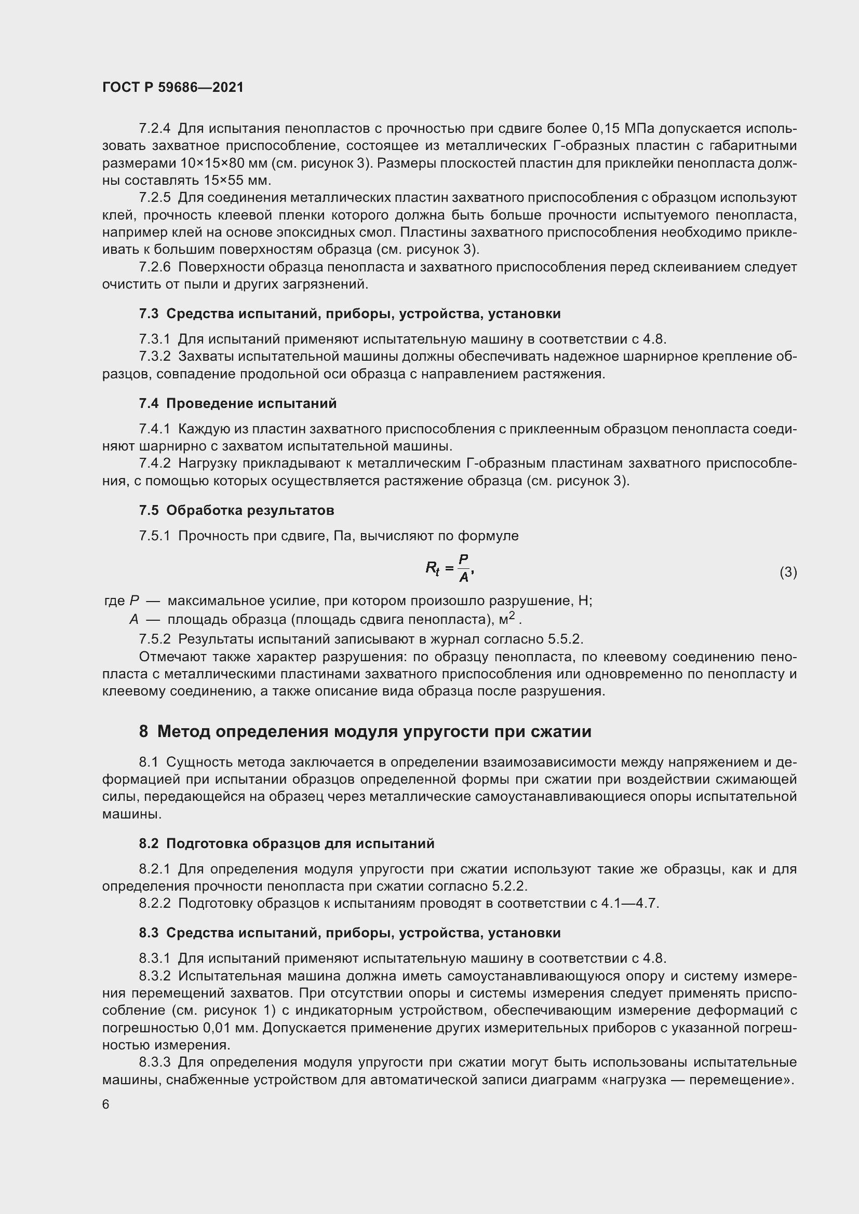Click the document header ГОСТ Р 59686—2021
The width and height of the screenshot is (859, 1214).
(x=173, y=87)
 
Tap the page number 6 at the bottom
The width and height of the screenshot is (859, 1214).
(x=106, y=1104)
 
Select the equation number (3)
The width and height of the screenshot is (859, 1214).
(x=788, y=572)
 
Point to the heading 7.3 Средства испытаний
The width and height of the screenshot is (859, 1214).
(x=350, y=313)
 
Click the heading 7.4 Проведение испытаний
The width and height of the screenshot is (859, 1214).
(x=237, y=403)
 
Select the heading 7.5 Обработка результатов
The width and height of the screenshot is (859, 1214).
(x=236, y=510)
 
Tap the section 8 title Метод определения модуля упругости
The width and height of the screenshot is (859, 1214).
(x=365, y=732)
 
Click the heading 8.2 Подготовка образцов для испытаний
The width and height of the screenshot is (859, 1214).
(x=287, y=843)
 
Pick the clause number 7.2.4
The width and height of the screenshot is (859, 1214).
(x=154, y=129)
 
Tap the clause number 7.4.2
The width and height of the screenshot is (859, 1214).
(x=154, y=463)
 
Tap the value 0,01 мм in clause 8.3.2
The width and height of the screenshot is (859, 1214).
(x=230, y=1028)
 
